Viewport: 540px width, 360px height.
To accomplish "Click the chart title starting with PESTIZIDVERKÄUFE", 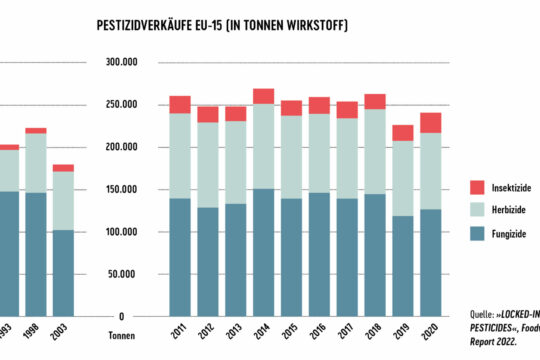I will [x=221, y=24].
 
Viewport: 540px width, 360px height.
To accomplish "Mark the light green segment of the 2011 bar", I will [x=180, y=155].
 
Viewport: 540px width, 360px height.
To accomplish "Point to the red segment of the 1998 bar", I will [x=36, y=130].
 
